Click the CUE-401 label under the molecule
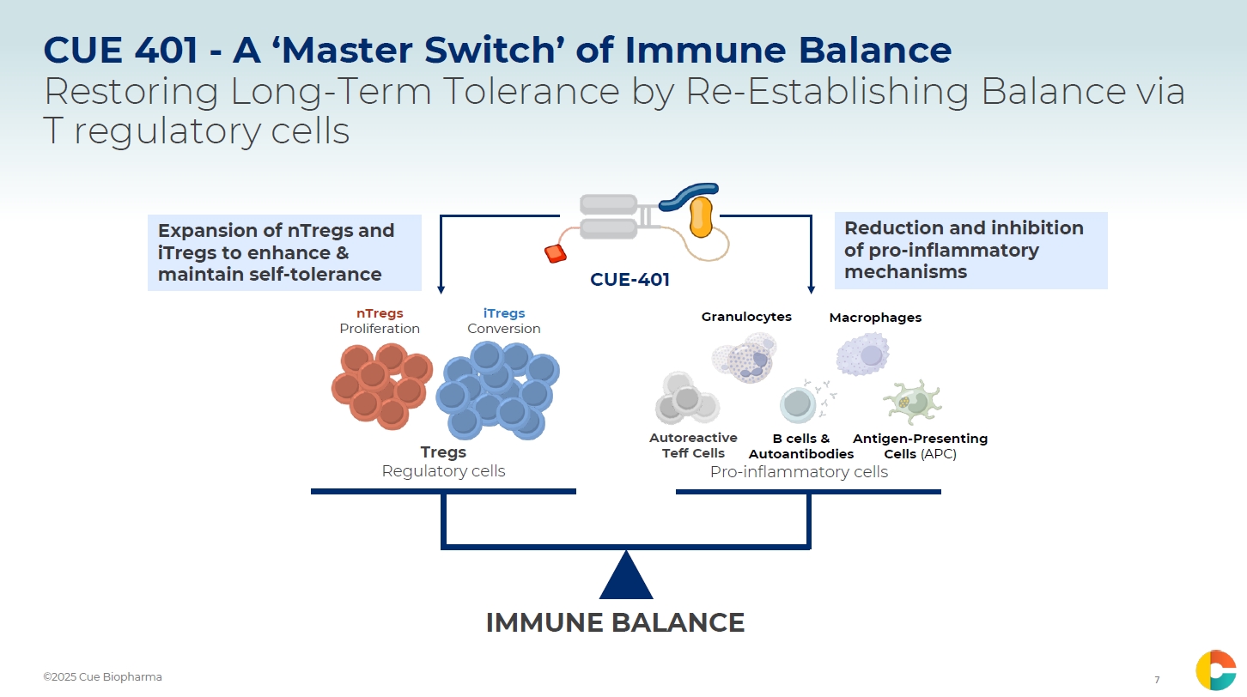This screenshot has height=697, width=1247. pos(630,279)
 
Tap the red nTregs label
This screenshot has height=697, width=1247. pos(380,313)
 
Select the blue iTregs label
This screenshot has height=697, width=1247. pos(504,313)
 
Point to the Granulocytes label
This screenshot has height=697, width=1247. pos(746,317)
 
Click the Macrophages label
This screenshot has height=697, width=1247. pos(875,318)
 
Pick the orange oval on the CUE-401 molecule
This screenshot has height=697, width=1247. pos(702,217)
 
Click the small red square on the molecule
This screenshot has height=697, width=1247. pos(556,253)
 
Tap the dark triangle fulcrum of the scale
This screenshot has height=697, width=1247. pos(626,577)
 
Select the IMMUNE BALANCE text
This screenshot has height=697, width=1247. pos(615,622)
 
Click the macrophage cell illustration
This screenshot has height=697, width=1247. pos(863,355)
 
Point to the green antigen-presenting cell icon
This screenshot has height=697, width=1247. pos(911,402)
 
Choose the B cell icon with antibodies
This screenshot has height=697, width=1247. pos(799,403)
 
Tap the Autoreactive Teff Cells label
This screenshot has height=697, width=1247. pos(693,445)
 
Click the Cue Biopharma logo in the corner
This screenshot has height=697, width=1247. pos(1215,670)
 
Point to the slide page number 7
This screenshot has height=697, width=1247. pos(1157,680)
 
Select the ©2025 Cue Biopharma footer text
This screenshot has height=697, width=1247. pos(102,677)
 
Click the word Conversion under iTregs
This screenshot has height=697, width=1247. pos(504,329)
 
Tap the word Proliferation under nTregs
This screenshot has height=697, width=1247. pos(380,329)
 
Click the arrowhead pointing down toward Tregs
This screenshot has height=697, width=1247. pos(441,288)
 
